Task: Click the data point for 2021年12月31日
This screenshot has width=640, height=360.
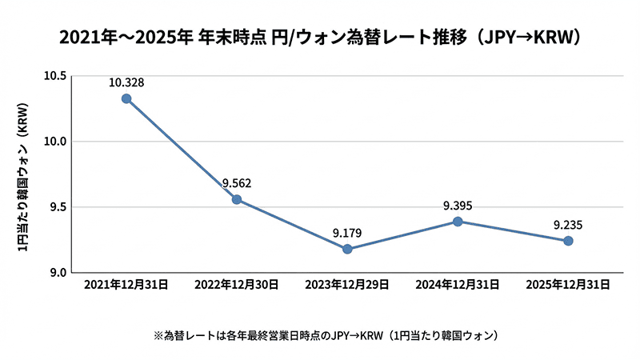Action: [x=126, y=98]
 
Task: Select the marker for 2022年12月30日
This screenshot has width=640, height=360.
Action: [x=237, y=199]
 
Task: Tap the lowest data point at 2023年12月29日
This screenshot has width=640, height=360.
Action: [x=347, y=249]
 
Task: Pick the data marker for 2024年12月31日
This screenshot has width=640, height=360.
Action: [x=458, y=221]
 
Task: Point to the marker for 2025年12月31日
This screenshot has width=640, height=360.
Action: [x=568, y=241]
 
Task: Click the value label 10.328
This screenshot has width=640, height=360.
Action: [x=126, y=82]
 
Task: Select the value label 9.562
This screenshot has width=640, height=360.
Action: [x=237, y=182]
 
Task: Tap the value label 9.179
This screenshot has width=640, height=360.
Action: [x=347, y=233]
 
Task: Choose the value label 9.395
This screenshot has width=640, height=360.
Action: [x=458, y=205]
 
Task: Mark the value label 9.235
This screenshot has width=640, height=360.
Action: [x=568, y=225]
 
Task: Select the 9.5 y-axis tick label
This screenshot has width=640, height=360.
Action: [x=56, y=207]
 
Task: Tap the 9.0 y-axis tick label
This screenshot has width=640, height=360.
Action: [x=56, y=273]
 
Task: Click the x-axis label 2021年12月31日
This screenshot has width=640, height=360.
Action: [x=126, y=284]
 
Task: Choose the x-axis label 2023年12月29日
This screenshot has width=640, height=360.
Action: [x=347, y=284]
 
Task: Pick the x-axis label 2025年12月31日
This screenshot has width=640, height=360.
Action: [x=568, y=284]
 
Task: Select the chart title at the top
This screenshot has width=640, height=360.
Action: [x=320, y=37]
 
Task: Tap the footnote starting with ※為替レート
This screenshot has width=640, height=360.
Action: [x=320, y=333]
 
